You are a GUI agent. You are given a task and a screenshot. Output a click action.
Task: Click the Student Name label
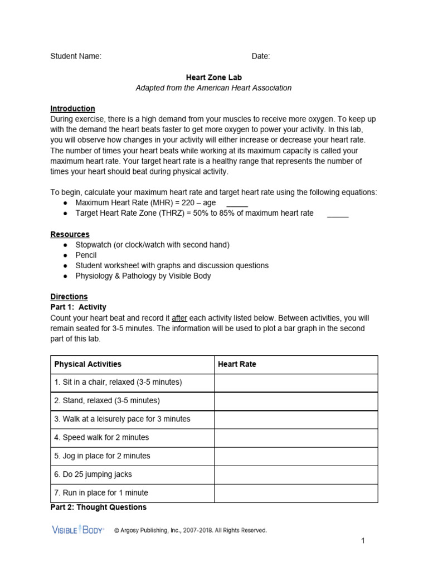pyautogui.click(x=76, y=56)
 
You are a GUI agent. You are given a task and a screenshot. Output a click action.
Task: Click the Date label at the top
pyautogui.click(x=260, y=56)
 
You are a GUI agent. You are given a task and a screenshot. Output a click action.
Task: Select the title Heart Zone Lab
pyautogui.click(x=214, y=78)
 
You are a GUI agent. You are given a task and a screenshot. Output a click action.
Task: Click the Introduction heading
pyautogui.click(x=72, y=109)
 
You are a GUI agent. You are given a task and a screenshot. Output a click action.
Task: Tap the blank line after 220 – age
pyautogui.click(x=237, y=204)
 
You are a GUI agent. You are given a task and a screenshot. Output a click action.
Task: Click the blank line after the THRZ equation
pyautogui.click(x=337, y=214)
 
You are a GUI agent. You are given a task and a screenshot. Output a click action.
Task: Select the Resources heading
pyautogui.click(x=70, y=234)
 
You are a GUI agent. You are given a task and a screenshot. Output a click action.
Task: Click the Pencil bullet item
pyautogui.click(x=86, y=255)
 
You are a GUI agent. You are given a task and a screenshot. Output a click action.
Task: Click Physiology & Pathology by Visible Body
pyautogui.click(x=143, y=276)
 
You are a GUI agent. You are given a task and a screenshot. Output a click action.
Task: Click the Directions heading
pyautogui.click(x=69, y=297)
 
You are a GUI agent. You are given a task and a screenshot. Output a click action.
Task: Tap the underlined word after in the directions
pyautogui.click(x=179, y=318)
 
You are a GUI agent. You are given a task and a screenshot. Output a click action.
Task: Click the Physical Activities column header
pyautogui.click(x=87, y=364)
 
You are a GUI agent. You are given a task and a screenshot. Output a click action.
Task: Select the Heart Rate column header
pyautogui.click(x=237, y=364)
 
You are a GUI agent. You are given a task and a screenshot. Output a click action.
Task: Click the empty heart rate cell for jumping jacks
pyautogui.click(x=296, y=475)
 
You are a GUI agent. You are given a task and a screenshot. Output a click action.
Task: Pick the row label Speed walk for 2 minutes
pyautogui.click(x=101, y=438)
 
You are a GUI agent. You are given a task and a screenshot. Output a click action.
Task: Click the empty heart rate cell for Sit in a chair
pyautogui.click(x=296, y=383)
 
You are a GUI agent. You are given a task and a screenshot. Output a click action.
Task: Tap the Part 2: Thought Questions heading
pyautogui.click(x=99, y=507)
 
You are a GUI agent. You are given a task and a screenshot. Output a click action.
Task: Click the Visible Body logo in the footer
pyautogui.click(x=77, y=530)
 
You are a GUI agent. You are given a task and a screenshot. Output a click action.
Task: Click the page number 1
pyautogui.click(x=362, y=541)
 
